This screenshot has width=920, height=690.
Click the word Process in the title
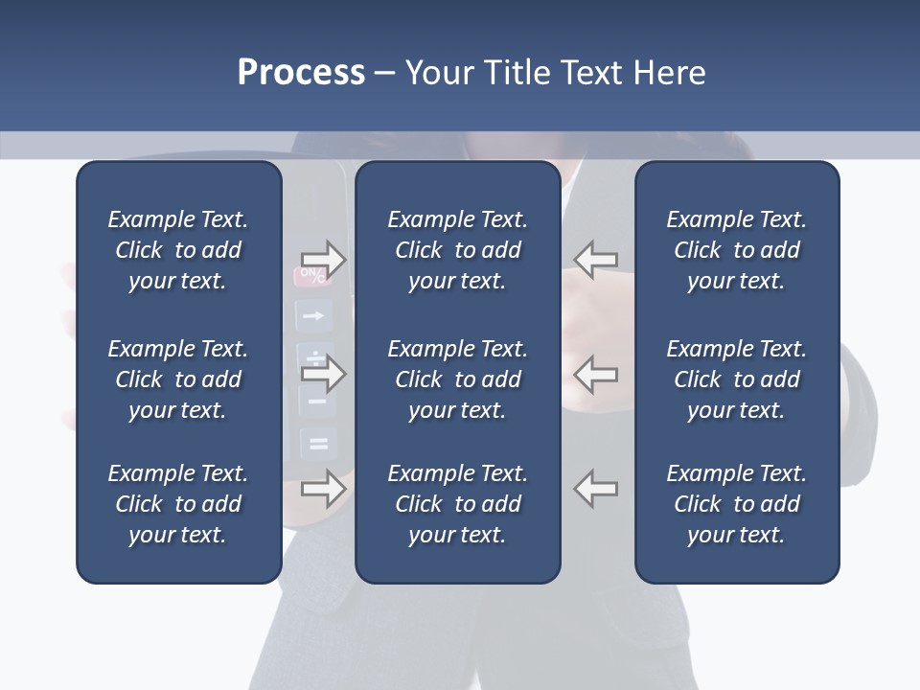[301, 73]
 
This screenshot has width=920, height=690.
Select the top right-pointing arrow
[323, 260]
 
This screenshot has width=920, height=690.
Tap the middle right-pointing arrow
[323, 373]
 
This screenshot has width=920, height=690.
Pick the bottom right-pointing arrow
[323, 489]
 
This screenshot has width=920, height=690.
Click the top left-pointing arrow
[596, 260]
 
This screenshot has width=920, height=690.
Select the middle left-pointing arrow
[596, 373]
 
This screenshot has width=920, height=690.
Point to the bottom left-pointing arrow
[596, 489]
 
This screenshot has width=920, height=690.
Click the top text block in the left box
[178, 250]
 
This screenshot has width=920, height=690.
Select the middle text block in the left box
[178, 379]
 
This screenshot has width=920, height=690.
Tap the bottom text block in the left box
[178, 504]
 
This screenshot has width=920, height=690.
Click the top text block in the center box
[457, 250]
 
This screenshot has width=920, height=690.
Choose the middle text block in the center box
[457, 379]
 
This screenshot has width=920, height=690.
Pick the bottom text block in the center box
[457, 504]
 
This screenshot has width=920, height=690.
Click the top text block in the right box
[736, 250]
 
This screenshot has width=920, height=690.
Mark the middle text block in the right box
[736, 379]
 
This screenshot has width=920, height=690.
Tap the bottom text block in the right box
[736, 504]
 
